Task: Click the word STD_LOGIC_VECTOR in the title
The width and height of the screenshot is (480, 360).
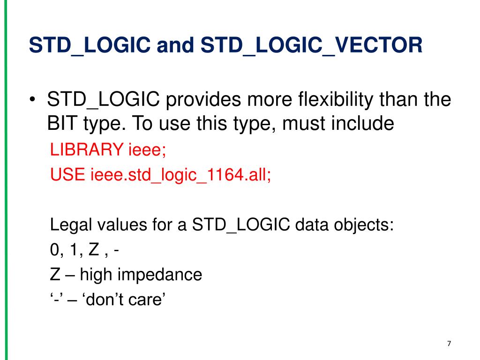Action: pos(311,46)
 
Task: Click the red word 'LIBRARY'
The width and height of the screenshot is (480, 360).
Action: pos(87,150)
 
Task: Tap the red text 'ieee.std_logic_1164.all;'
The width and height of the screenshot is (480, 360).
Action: pos(180,175)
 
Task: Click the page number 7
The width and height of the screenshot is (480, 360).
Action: pos(449,344)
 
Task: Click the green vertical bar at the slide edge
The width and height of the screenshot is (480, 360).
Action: pos(6,180)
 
